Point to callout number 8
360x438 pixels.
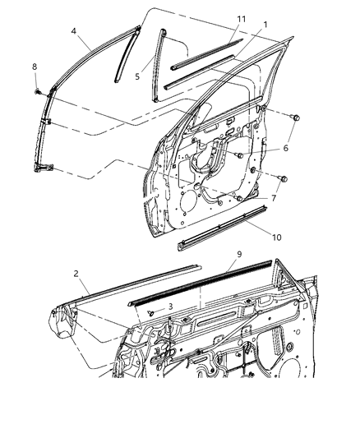coord(35,67)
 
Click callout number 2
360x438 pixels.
coord(75,274)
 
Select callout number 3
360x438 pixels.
coord(169,306)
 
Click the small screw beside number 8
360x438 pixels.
coord(38,90)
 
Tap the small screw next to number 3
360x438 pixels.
coord(151,313)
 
